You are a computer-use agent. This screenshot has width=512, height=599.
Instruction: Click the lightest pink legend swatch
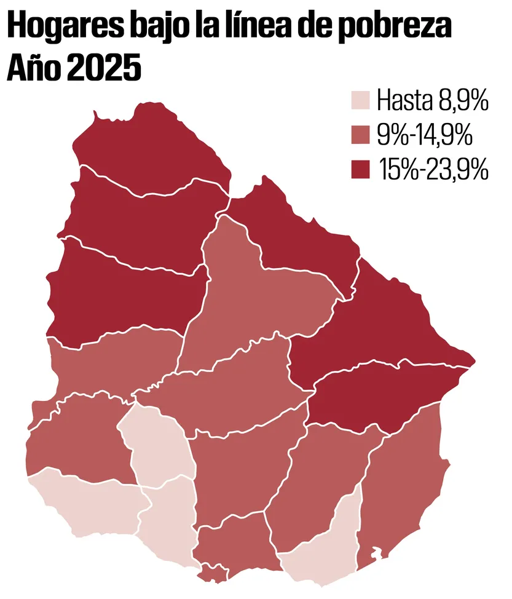(x=360, y=100)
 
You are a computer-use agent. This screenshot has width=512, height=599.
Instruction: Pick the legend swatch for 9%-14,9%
(x=360, y=135)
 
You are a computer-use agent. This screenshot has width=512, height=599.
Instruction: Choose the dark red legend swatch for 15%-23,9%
(x=360, y=169)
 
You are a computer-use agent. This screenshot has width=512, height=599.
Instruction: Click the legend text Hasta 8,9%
(x=431, y=100)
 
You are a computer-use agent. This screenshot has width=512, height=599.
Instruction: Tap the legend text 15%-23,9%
(x=434, y=169)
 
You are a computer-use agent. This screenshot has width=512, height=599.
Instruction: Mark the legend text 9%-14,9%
(x=425, y=135)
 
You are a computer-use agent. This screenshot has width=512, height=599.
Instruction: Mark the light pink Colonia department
(x=86, y=504)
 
